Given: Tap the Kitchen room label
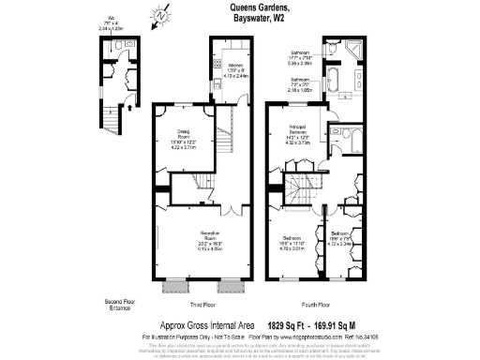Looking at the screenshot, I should pyautogui.click(x=235, y=68).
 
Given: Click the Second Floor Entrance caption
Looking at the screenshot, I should pyautogui.click(x=117, y=303).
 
